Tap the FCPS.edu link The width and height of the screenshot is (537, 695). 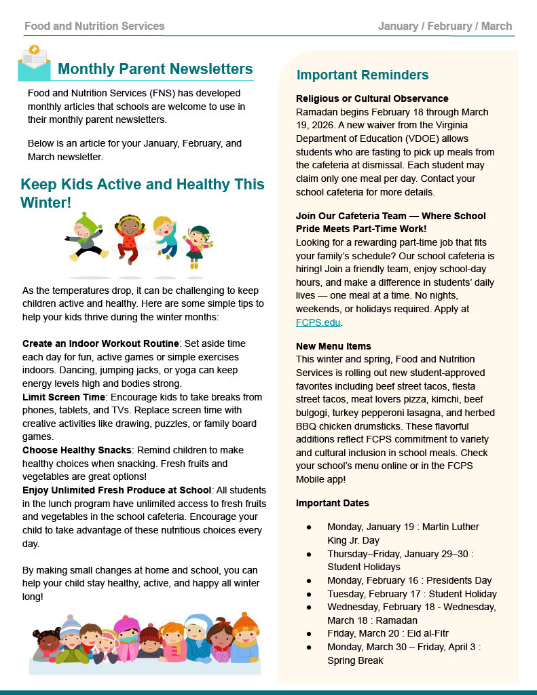pyautogui.click(x=318, y=322)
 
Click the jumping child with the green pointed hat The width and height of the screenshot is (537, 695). pyautogui.click(x=86, y=238)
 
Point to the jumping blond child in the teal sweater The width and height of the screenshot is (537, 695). pyautogui.click(x=165, y=237)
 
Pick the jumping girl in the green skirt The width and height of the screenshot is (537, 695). pyautogui.click(x=199, y=245)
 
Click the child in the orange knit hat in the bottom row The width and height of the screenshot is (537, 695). pyautogui.click(x=245, y=637)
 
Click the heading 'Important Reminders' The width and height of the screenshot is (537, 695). pyautogui.click(x=363, y=75)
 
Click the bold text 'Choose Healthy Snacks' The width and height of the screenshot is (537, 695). pyautogui.click(x=76, y=450)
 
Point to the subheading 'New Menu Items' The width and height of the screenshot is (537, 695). pyautogui.click(x=333, y=346)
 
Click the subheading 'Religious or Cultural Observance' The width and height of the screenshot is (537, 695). pyautogui.click(x=372, y=99)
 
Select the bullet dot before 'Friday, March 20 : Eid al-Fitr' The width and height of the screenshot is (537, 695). pyautogui.click(x=309, y=634)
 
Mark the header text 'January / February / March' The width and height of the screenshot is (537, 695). pyautogui.click(x=445, y=26)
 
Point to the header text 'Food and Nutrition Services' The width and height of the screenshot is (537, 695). pyautogui.click(x=94, y=26)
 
